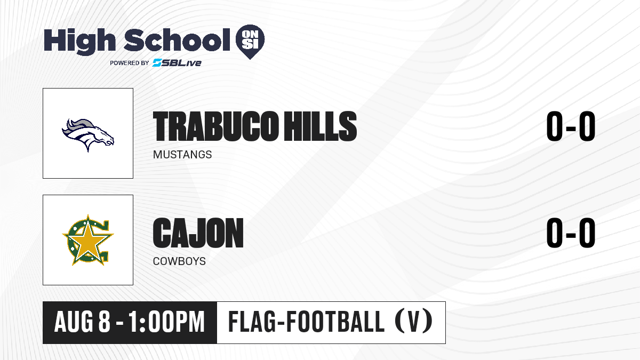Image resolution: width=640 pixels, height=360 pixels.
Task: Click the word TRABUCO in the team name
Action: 215,126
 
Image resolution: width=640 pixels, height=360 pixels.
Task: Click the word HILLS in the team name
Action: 320,126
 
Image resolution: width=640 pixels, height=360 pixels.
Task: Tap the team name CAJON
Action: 198,233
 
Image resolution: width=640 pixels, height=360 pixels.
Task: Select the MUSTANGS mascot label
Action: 182,155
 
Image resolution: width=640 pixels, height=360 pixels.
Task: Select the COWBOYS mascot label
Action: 179,261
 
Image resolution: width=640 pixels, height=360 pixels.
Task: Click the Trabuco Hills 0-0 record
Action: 571,126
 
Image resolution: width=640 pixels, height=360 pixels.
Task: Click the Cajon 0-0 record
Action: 571,233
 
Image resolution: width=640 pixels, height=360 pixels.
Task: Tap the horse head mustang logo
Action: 88,135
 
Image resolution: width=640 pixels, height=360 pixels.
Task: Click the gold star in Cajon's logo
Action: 87,240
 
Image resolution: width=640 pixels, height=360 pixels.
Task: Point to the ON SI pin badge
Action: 250,42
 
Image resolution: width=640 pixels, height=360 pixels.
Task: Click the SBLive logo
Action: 177,62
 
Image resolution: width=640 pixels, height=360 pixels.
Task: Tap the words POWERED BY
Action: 130,63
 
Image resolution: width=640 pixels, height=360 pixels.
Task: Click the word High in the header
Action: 80,41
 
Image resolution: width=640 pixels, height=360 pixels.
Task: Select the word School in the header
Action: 177,40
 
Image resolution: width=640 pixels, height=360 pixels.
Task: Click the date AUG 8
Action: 82,322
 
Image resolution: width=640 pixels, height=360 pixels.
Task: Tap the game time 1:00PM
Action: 166,322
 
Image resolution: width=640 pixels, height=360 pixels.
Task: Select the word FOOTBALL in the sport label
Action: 335,322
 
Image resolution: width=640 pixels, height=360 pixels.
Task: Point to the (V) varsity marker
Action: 414,322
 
